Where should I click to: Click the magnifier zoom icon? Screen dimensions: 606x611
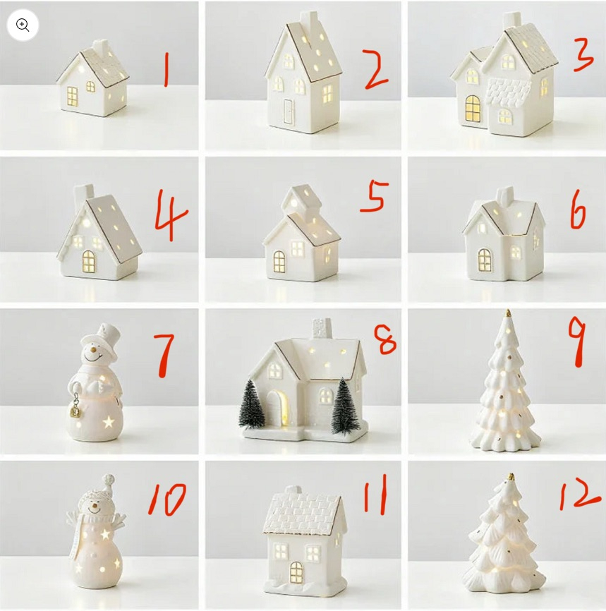coord(23,25)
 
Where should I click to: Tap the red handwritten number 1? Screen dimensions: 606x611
coord(166,69)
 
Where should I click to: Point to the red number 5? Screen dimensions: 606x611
coord(374,196)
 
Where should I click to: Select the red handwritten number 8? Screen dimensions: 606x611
coord(384,339)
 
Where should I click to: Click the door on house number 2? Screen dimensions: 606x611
coord(288,111)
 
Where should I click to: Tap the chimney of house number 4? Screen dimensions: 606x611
coord(84,195)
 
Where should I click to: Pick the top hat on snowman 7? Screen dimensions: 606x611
coord(105,338)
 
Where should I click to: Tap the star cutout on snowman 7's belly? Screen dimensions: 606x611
coord(109,422)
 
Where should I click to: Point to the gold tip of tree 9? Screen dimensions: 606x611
coord(508,313)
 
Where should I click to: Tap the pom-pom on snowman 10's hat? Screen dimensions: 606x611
coord(109,479)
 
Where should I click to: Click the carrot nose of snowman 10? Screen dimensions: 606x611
coord(93,504)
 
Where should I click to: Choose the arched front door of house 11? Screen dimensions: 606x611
coord(296,572)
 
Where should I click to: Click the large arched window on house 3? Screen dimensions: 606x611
coord(473,109)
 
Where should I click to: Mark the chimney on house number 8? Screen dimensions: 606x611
coord(322,329)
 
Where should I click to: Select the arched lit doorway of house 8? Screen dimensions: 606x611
coord(280,407)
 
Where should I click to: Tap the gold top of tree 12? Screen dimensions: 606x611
coord(511,477)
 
